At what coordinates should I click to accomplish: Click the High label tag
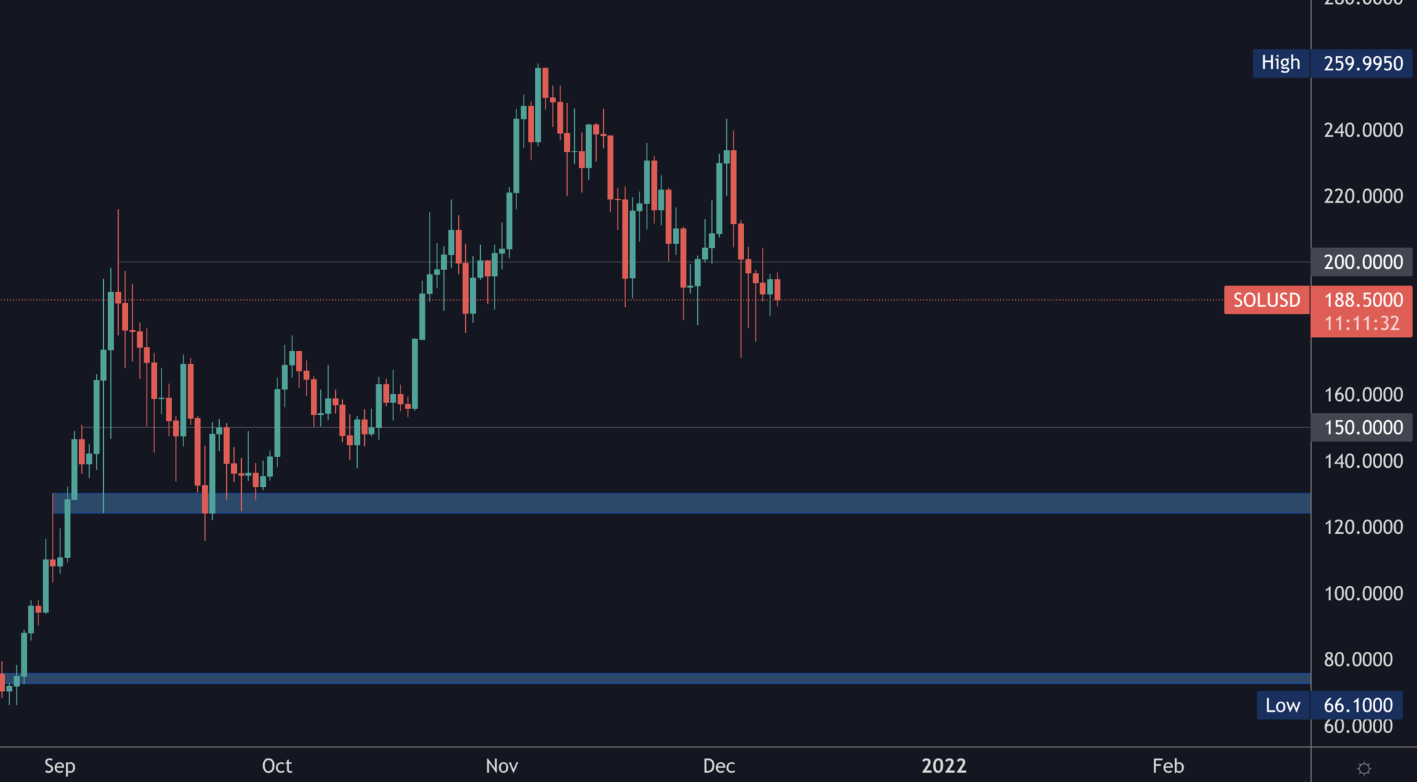(1280, 63)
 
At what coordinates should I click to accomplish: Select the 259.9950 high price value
(1362, 63)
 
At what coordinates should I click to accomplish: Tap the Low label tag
(1283, 705)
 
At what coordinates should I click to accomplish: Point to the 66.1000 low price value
(1358, 705)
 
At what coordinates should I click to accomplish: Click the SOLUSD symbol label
(1266, 300)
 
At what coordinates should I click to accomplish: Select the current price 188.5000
(1362, 299)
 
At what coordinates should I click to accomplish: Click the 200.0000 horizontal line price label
(1362, 262)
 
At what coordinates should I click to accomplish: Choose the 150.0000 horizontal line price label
(1362, 427)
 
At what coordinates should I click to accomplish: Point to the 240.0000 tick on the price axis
(1362, 130)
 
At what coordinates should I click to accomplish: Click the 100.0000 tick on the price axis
(1362, 593)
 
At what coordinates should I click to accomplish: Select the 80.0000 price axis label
(1358, 659)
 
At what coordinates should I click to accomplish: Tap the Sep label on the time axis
(60, 766)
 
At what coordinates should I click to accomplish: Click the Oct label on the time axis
(277, 766)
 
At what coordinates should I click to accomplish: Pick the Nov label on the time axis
(501, 766)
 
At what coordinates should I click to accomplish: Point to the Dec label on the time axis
(718, 766)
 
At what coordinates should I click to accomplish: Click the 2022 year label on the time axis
(944, 766)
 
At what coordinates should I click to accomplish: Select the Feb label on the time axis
(1168, 766)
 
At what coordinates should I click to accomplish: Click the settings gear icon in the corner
(1364, 768)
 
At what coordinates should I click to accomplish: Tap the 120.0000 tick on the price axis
(1362, 527)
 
